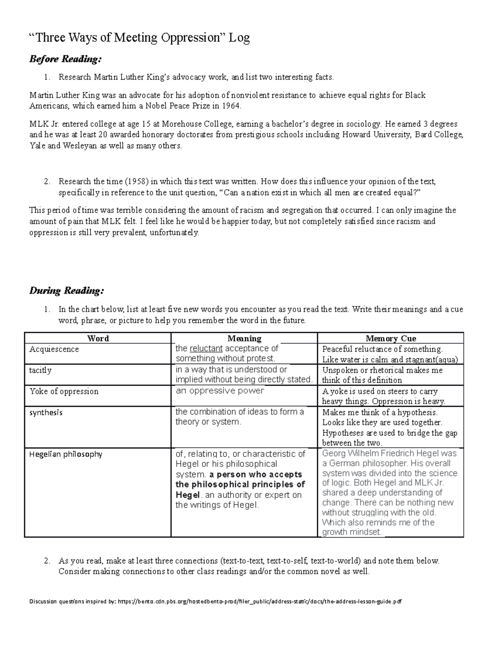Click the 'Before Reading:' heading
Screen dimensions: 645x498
point(65,59)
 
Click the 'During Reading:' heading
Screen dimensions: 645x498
point(66,290)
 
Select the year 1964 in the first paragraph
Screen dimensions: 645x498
point(231,106)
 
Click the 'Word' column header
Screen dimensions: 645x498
point(98,338)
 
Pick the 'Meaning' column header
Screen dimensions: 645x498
point(244,338)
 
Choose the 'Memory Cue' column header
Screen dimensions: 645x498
point(391,338)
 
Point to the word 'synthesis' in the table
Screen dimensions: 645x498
point(46,412)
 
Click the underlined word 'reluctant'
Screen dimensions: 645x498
point(206,348)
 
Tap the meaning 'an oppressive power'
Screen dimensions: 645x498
point(220,390)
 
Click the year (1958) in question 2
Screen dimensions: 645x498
point(137,181)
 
